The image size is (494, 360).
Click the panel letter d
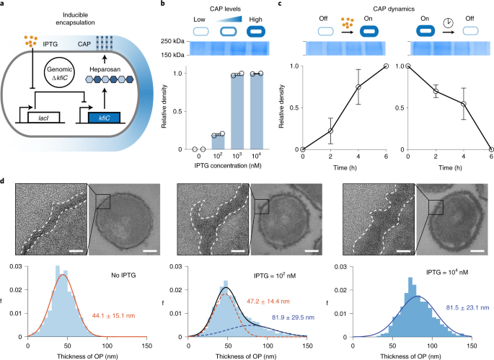coord(6,190)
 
